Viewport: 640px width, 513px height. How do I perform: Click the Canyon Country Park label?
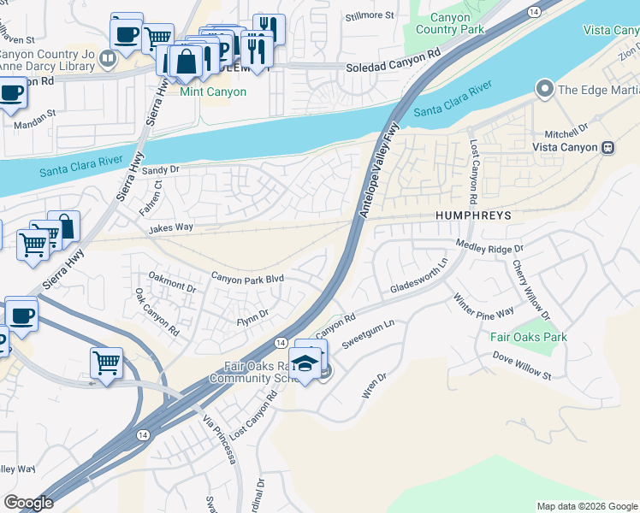pos(442,23)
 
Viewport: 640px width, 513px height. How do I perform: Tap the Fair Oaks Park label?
pos(529,337)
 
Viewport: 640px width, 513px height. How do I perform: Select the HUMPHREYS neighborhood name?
pos(472,216)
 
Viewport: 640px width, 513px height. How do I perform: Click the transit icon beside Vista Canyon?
pos(608,147)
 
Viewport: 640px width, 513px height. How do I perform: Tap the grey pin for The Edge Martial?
pos(542,89)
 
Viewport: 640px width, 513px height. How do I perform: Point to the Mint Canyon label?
pos(213,91)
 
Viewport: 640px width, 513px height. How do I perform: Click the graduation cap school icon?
pos(304,364)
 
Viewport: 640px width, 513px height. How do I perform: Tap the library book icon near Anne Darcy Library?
pos(108,59)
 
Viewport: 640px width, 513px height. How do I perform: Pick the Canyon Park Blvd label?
pos(247,278)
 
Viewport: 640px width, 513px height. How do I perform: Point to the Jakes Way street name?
pos(171,229)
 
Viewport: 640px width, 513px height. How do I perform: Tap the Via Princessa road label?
pos(219,439)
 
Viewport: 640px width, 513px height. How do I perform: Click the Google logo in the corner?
pos(28,503)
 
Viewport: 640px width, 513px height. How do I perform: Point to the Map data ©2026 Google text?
pos(586,506)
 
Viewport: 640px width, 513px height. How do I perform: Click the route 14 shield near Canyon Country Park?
pos(534,11)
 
